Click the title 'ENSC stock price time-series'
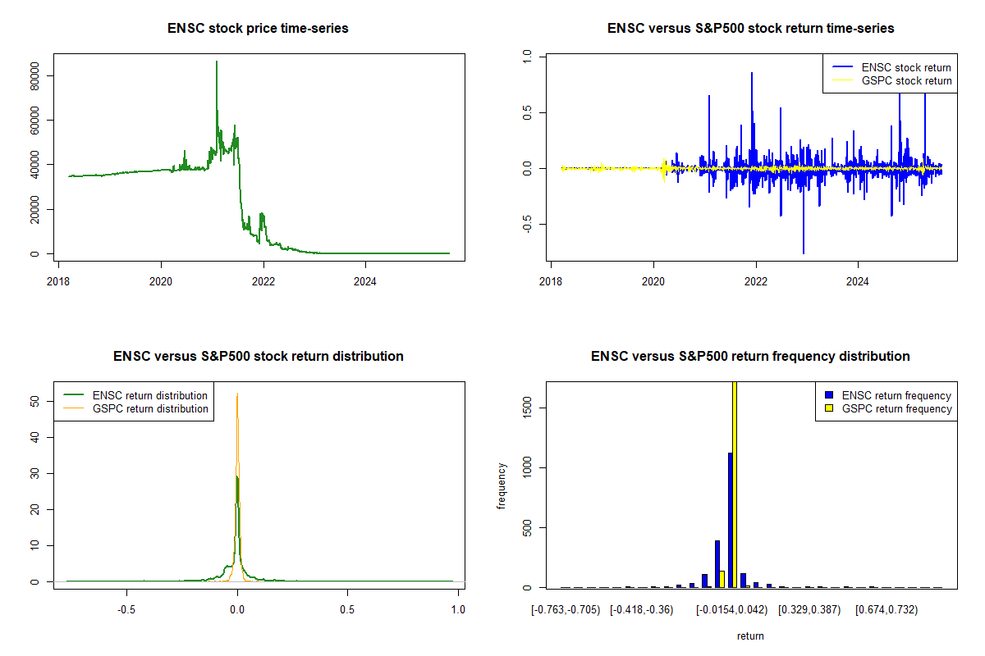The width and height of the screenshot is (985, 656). pyautogui.click(x=259, y=29)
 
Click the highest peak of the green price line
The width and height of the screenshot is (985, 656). pyautogui.click(x=217, y=61)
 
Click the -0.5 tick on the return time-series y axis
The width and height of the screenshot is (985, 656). pyautogui.click(x=529, y=225)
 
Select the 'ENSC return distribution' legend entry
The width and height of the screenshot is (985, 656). pyautogui.click(x=150, y=395)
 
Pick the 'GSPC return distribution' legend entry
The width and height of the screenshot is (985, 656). pyautogui.click(x=150, y=408)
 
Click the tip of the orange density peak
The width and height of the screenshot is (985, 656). pyautogui.click(x=237, y=394)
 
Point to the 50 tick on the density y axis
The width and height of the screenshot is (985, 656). pyautogui.click(x=36, y=401)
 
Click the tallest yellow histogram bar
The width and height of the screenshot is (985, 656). pyautogui.click(x=735, y=484)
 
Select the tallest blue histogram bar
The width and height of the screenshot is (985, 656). pyautogui.click(x=730, y=520)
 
